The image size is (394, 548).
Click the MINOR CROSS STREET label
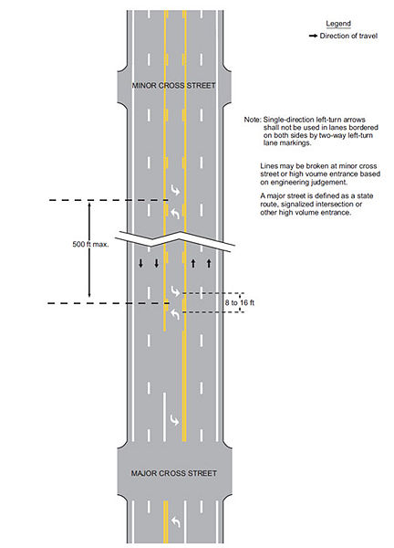pos(173,85)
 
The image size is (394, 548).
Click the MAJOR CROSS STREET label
pos(174,473)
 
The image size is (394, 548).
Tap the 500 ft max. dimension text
pos(90,244)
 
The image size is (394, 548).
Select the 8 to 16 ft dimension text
pos(239,302)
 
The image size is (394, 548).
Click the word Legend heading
pos(338,24)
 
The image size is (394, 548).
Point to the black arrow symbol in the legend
pos(313,36)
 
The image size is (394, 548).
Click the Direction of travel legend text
pos(348,36)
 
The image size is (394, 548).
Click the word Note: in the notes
pos(253,120)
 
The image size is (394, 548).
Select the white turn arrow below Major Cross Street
pos(175,522)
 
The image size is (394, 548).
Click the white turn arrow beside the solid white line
pos(175,420)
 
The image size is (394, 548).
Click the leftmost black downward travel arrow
pos(140,264)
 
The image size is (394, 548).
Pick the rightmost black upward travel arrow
pos(209,263)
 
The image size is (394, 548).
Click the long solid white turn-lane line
pos(164,416)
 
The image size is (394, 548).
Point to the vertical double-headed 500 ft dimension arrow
pos(89,250)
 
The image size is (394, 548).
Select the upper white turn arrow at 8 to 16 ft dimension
pos(175,291)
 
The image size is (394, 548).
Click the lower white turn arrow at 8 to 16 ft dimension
pos(175,314)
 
